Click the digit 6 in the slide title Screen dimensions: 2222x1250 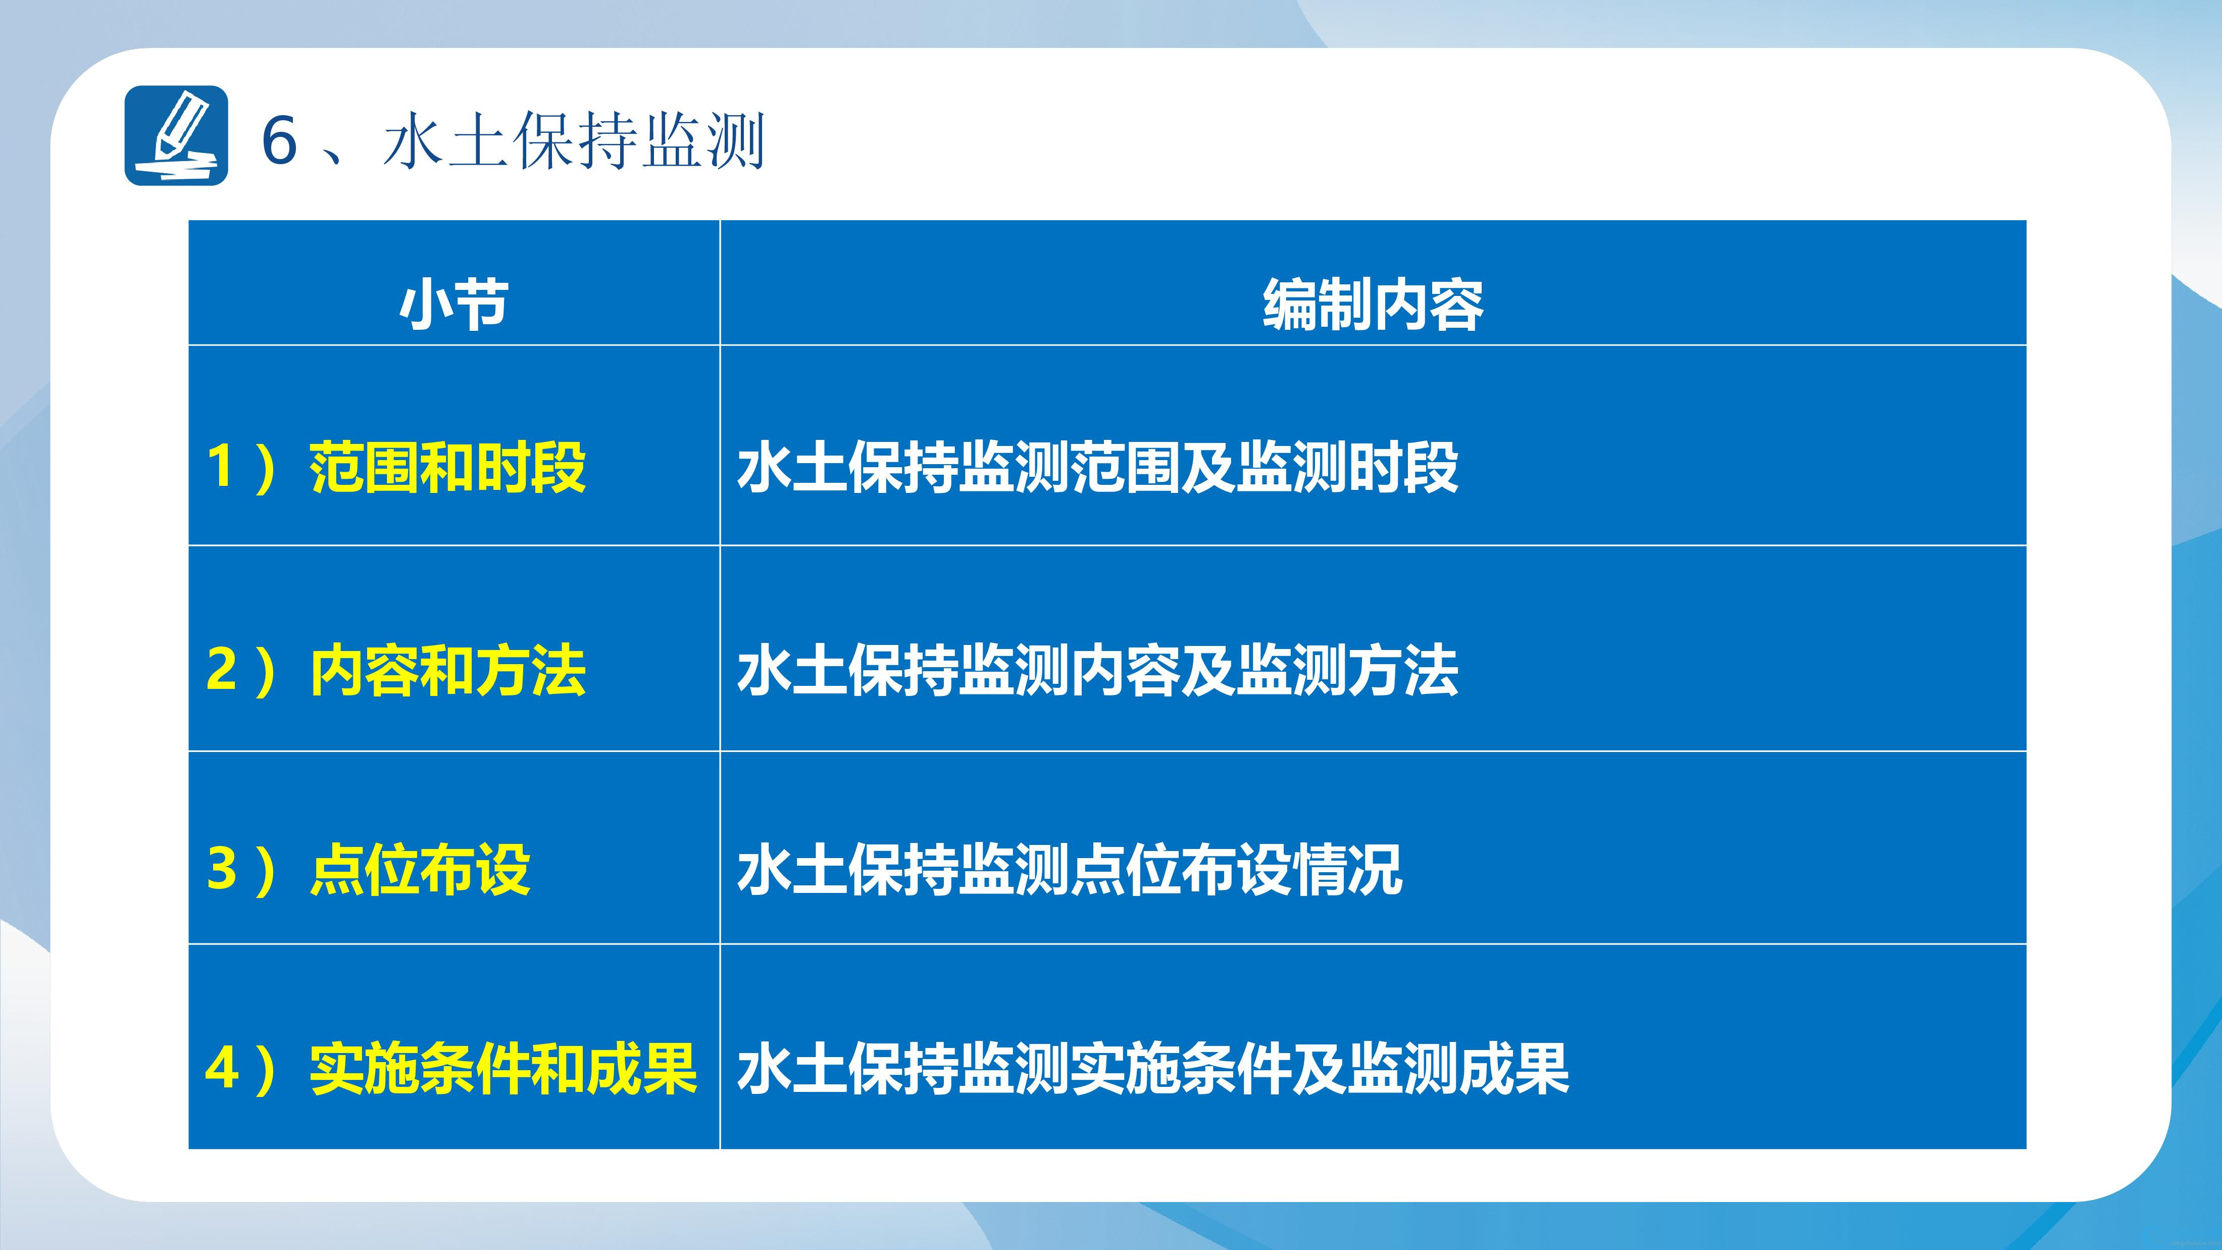pos(279,140)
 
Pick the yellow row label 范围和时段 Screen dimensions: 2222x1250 pos(447,468)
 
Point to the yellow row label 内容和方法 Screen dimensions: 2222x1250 pos(447,670)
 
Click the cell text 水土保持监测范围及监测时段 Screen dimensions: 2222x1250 pos(1098,468)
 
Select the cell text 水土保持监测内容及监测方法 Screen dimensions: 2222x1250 pos(1098,670)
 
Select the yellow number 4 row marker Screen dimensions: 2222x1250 pos(222,1068)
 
